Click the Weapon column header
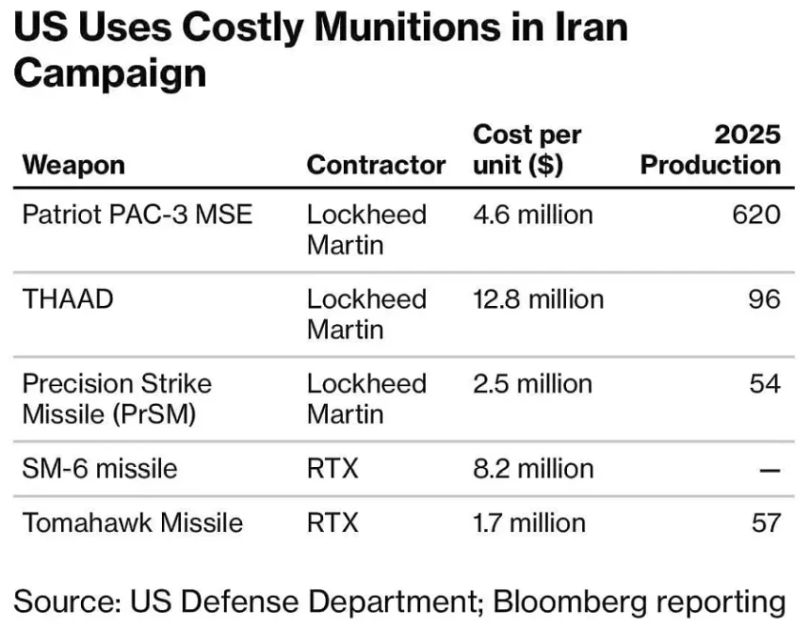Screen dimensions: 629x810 pyautogui.click(x=73, y=165)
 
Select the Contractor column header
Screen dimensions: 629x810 pyautogui.click(x=375, y=165)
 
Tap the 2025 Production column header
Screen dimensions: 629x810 pyautogui.click(x=710, y=150)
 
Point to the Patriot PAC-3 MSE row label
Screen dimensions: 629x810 pyautogui.click(x=137, y=213)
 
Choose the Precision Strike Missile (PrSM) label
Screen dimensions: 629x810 pyautogui.click(x=117, y=398)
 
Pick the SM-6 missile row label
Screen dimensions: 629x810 pyautogui.click(x=99, y=468)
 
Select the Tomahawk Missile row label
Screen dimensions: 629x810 pyautogui.click(x=132, y=522)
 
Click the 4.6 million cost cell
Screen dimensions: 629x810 pyautogui.click(x=533, y=213)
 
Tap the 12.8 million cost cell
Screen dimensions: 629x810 pyautogui.click(x=538, y=298)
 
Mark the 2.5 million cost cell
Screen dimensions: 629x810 pyautogui.click(x=533, y=383)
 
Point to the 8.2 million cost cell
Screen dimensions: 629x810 pyautogui.click(x=533, y=468)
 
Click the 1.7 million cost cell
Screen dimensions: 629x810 pyautogui.click(x=529, y=522)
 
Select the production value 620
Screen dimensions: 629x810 pyautogui.click(x=756, y=213)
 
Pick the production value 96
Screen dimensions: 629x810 pyautogui.click(x=764, y=298)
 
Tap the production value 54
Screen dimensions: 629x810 pyautogui.click(x=764, y=383)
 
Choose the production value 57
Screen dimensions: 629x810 pyautogui.click(x=764, y=522)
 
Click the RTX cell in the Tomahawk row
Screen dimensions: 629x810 pyautogui.click(x=333, y=522)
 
